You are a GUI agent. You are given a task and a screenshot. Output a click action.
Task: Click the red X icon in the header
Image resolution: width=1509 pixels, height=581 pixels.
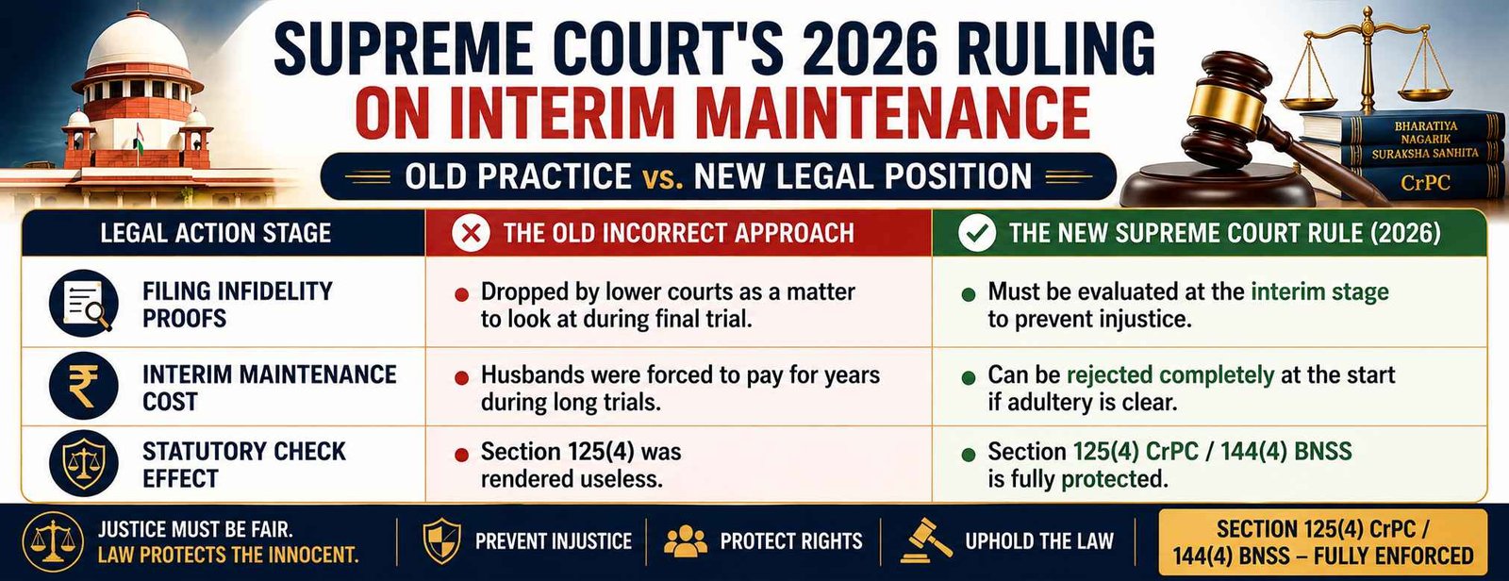pyautogui.click(x=471, y=233)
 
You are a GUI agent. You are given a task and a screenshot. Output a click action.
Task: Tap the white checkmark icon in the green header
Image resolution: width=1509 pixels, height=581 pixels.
pyautogui.click(x=977, y=233)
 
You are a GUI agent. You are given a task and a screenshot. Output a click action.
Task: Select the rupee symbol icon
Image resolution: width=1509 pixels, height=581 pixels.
pyautogui.click(x=84, y=387)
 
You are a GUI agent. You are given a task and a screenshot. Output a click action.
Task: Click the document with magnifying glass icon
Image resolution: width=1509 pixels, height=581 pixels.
pyautogui.click(x=84, y=304)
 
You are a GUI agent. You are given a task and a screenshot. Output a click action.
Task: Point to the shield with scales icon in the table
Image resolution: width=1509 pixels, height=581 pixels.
pyautogui.click(x=84, y=464)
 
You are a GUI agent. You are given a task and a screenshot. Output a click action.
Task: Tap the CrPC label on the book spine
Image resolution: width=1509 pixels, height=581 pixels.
pyautogui.click(x=1425, y=183)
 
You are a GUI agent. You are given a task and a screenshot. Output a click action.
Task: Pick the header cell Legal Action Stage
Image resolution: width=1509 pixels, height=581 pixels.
pyautogui.click(x=216, y=233)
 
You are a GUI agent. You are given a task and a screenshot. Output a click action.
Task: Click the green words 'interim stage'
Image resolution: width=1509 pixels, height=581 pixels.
pyautogui.click(x=1319, y=291)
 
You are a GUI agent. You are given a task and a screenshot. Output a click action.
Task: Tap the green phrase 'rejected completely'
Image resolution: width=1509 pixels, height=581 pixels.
pyautogui.click(x=1170, y=374)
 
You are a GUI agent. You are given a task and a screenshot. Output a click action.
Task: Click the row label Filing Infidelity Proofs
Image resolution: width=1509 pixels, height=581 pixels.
pyautogui.click(x=237, y=305)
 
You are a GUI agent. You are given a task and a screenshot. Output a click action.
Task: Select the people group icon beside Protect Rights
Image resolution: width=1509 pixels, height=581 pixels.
pyautogui.click(x=685, y=541)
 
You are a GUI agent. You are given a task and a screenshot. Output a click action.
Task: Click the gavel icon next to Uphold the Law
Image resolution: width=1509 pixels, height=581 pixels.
pyautogui.click(x=925, y=540)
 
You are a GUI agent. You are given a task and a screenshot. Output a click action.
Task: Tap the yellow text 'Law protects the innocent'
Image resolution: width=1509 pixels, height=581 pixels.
pyautogui.click(x=228, y=556)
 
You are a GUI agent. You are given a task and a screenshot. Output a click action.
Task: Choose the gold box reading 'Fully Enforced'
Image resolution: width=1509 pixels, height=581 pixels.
pyautogui.click(x=1321, y=542)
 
